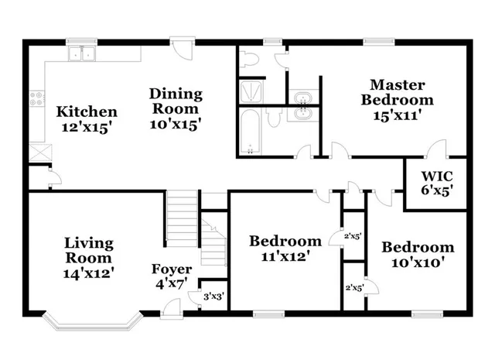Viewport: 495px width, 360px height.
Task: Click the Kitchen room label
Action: click(x=87, y=112)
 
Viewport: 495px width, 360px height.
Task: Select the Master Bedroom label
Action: click(x=401, y=92)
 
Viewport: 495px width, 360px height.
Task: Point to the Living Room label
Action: click(x=87, y=252)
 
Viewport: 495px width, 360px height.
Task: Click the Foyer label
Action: click(x=171, y=270)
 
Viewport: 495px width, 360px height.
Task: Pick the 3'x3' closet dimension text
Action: click(x=213, y=295)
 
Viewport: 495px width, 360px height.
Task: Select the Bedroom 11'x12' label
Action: click(x=285, y=242)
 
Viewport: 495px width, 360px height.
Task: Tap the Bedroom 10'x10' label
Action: click(x=418, y=248)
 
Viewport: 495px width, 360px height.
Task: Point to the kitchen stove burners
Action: click(x=36, y=98)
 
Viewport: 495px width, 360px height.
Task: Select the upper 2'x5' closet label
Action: click(x=354, y=235)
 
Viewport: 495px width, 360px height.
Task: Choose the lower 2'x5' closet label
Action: click(x=354, y=287)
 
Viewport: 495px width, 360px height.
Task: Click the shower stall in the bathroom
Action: click(x=251, y=91)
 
